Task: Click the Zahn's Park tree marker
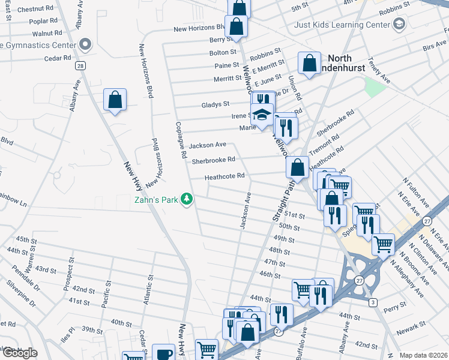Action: (x=187, y=199)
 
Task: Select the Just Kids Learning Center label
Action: (x=342, y=25)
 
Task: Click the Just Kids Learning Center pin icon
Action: (x=399, y=25)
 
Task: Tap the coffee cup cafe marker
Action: (x=163, y=353)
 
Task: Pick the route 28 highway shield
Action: (x=79, y=66)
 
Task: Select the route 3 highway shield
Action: (x=373, y=301)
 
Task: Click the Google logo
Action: (x=20, y=353)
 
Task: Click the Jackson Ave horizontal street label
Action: (x=207, y=145)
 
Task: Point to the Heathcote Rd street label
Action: (x=224, y=176)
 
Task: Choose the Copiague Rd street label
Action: (x=179, y=140)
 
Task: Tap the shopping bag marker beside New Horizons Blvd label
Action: (x=236, y=26)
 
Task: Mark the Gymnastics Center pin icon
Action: (x=85, y=44)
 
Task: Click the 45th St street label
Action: (x=26, y=239)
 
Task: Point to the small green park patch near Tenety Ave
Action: (x=375, y=87)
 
